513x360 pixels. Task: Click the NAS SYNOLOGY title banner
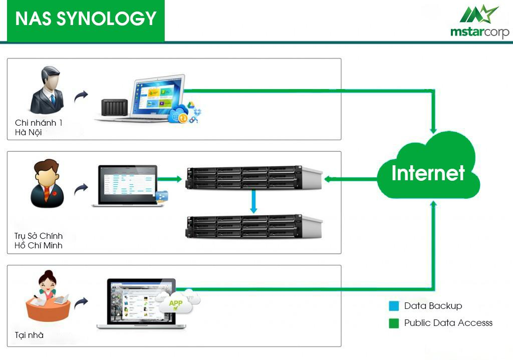(x=86, y=21)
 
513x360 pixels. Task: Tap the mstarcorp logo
(x=479, y=22)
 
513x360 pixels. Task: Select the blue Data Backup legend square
(x=394, y=306)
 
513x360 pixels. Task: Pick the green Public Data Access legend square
(x=394, y=323)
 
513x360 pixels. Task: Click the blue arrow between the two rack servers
(x=253, y=201)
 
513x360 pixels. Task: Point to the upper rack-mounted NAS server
(x=253, y=178)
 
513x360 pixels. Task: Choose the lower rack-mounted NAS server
(x=253, y=226)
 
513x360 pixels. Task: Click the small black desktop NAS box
(x=114, y=107)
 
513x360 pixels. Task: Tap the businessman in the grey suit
(x=47, y=90)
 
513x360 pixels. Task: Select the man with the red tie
(x=47, y=183)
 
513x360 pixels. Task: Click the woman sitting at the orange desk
(x=48, y=296)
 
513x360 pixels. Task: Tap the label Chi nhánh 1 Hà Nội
(x=39, y=128)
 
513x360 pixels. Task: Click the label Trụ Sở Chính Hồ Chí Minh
(x=38, y=241)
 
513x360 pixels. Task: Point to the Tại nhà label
(x=29, y=335)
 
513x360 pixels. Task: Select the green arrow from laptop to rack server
(x=169, y=179)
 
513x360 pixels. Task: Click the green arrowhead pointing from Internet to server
(x=329, y=179)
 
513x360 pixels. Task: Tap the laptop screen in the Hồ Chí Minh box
(x=128, y=185)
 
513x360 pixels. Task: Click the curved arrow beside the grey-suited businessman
(x=81, y=96)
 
